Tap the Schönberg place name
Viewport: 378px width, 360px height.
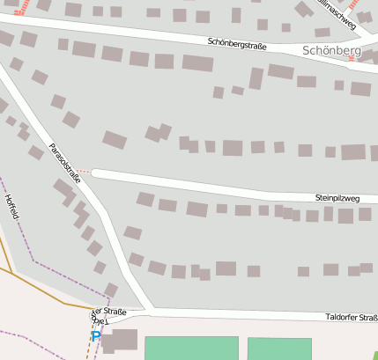tap(331, 51)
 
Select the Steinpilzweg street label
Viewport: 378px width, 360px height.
tap(337, 199)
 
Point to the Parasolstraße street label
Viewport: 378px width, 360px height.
tap(64, 162)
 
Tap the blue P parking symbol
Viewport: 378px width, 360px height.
tap(96, 336)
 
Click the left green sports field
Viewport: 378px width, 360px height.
tap(191, 348)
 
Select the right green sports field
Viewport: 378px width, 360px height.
tap(278, 349)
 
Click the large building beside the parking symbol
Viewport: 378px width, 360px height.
tap(122, 340)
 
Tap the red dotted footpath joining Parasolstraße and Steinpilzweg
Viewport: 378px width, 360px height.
tap(83, 171)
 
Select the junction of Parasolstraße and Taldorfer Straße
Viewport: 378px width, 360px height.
tap(144, 311)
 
